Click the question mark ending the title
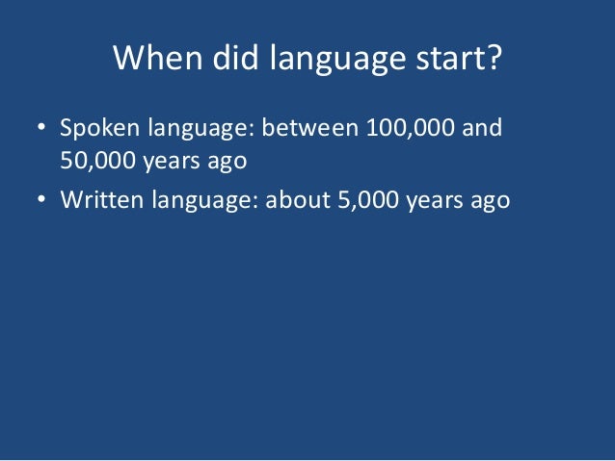pyautogui.click(x=493, y=59)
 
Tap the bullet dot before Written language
pyautogui.click(x=41, y=201)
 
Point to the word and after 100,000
pyautogui.click(x=482, y=128)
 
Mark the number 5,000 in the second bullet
pyautogui.click(x=367, y=201)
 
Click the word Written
pyautogui.click(x=97, y=201)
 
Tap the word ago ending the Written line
pyautogui.click(x=490, y=202)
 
